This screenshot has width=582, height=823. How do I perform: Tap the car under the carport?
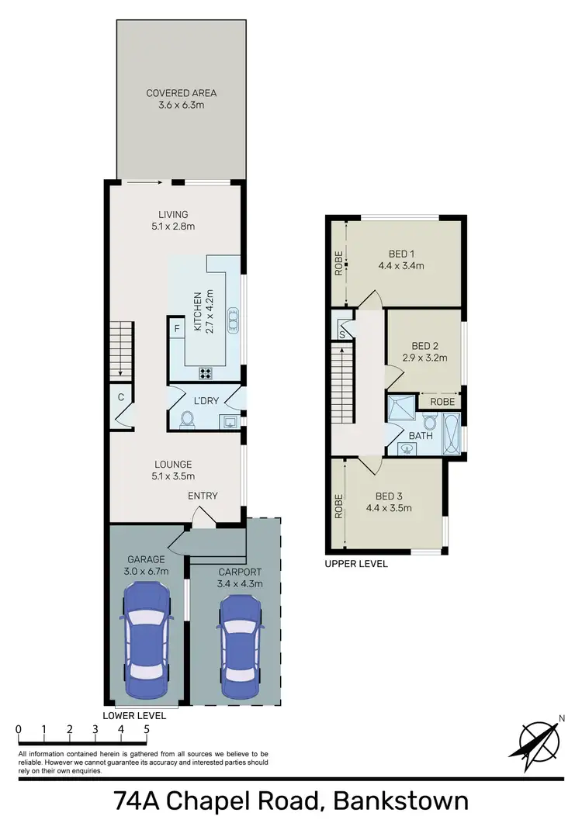tap(239, 647)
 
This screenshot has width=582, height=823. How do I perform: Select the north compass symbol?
tap(535, 738)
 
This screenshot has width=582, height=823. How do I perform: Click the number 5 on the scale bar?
tap(147, 729)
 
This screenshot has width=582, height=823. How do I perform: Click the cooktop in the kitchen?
tap(207, 373)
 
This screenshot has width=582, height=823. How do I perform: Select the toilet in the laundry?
tap(185, 420)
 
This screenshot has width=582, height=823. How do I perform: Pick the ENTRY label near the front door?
tap(203, 496)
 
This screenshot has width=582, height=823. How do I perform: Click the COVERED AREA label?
tap(182, 93)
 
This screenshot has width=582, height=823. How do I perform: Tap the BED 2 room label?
tap(425, 346)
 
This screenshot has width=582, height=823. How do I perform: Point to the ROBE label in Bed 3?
tap(338, 506)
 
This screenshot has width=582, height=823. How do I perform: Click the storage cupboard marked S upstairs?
tap(342, 334)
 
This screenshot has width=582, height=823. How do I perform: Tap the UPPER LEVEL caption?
tap(356, 564)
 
